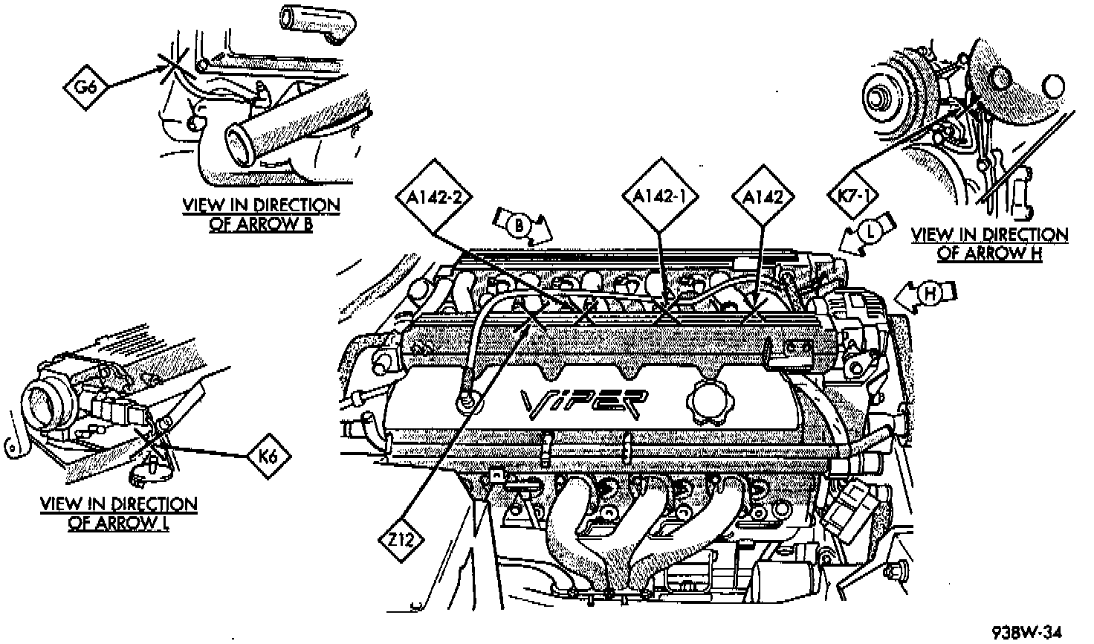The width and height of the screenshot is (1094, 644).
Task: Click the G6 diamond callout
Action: pos(87,86)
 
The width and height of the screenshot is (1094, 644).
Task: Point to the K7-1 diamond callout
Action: pos(852,196)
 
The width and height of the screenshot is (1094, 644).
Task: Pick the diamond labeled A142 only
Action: pos(763,196)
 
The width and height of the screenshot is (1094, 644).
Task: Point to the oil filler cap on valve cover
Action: pos(703,403)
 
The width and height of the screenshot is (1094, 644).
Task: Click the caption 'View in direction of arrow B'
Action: pos(261,214)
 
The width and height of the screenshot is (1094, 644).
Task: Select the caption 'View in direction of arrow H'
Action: pos(989,244)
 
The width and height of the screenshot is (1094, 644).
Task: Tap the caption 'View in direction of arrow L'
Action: pos(119,513)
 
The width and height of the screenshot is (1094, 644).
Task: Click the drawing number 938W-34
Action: pos(1026,632)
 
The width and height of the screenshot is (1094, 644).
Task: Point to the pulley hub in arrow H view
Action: pos(879,97)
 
